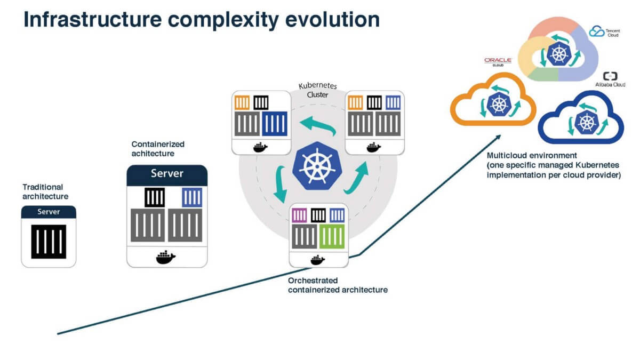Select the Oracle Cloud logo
(x=498, y=62)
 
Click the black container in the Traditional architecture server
(x=49, y=242)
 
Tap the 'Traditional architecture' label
(x=45, y=191)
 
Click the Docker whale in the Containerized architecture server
(x=166, y=257)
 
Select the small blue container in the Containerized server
(x=191, y=198)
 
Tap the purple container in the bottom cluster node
(x=299, y=215)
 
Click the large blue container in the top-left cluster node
(x=275, y=124)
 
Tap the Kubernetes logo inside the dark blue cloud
(x=585, y=121)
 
